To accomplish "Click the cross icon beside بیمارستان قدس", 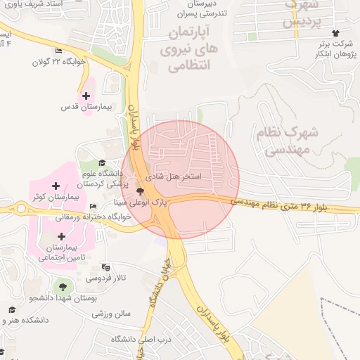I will point(86,96).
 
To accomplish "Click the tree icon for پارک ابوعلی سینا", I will point(140,191).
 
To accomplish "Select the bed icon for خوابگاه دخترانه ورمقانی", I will point(93,207).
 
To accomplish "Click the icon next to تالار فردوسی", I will point(105,267).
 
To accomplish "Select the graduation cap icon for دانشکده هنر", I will point(11,309).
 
